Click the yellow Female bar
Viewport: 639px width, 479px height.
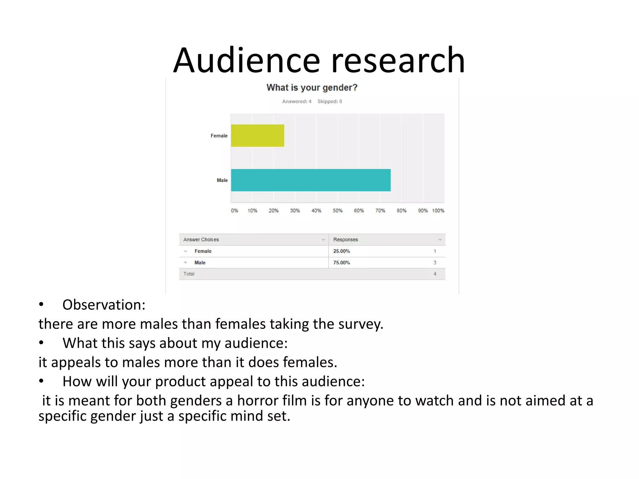point(257,136)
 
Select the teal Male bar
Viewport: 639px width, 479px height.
point(311,180)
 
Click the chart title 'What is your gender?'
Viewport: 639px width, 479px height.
point(312,88)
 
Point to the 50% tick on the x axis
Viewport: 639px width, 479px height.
point(338,211)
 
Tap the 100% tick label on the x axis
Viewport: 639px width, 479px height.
point(438,211)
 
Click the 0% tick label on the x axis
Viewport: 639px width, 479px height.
point(234,211)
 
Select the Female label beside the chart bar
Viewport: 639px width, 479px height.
point(219,136)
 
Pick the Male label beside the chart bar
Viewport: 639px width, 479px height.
point(222,180)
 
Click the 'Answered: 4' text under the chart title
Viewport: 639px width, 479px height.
point(297,101)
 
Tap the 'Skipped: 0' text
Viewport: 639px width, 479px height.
point(330,101)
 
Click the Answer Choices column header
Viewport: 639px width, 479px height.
point(201,239)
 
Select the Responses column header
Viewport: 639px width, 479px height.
point(345,239)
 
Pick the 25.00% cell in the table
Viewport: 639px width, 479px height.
point(341,251)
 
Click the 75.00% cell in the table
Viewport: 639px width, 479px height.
point(341,263)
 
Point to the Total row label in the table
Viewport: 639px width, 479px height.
point(189,274)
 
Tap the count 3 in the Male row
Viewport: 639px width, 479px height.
point(435,263)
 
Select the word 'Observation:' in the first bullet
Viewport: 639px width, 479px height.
point(104,305)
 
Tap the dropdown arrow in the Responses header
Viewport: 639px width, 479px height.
point(440,240)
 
